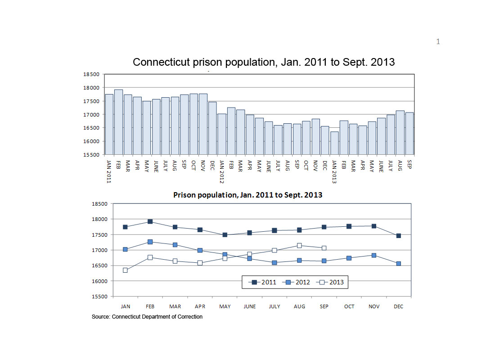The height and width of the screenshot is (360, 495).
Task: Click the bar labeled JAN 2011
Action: point(109,124)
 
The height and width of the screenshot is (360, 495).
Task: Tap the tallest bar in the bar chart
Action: point(118,122)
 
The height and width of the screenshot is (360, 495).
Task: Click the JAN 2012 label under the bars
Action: point(221,171)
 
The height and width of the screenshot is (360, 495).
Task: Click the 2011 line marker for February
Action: point(150,221)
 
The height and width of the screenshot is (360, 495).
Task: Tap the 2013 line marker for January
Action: point(125,270)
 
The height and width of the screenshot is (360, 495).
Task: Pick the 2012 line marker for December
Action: point(399,263)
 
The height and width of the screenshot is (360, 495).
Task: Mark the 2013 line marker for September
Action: point(324,248)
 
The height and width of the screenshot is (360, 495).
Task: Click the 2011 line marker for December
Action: point(399,235)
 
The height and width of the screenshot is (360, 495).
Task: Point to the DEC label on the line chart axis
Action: point(399,306)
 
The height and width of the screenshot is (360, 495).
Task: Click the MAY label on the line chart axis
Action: point(225,306)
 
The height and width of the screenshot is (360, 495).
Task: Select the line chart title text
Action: point(248,195)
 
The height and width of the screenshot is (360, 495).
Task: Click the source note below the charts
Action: point(147,317)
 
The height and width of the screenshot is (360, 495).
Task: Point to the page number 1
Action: point(438,42)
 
